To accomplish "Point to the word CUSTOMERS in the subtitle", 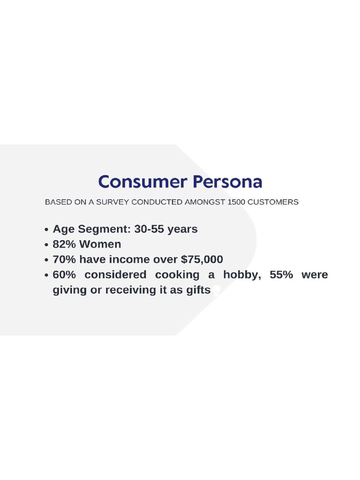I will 273,202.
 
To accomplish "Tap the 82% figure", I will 64,244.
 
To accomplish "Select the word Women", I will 100,244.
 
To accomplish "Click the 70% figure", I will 64,260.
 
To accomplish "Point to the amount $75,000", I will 202,260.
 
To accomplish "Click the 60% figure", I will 64,275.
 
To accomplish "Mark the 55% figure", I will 281,275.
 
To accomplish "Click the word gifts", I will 198,290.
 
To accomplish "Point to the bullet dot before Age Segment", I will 46,230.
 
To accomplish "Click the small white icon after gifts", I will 216,291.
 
